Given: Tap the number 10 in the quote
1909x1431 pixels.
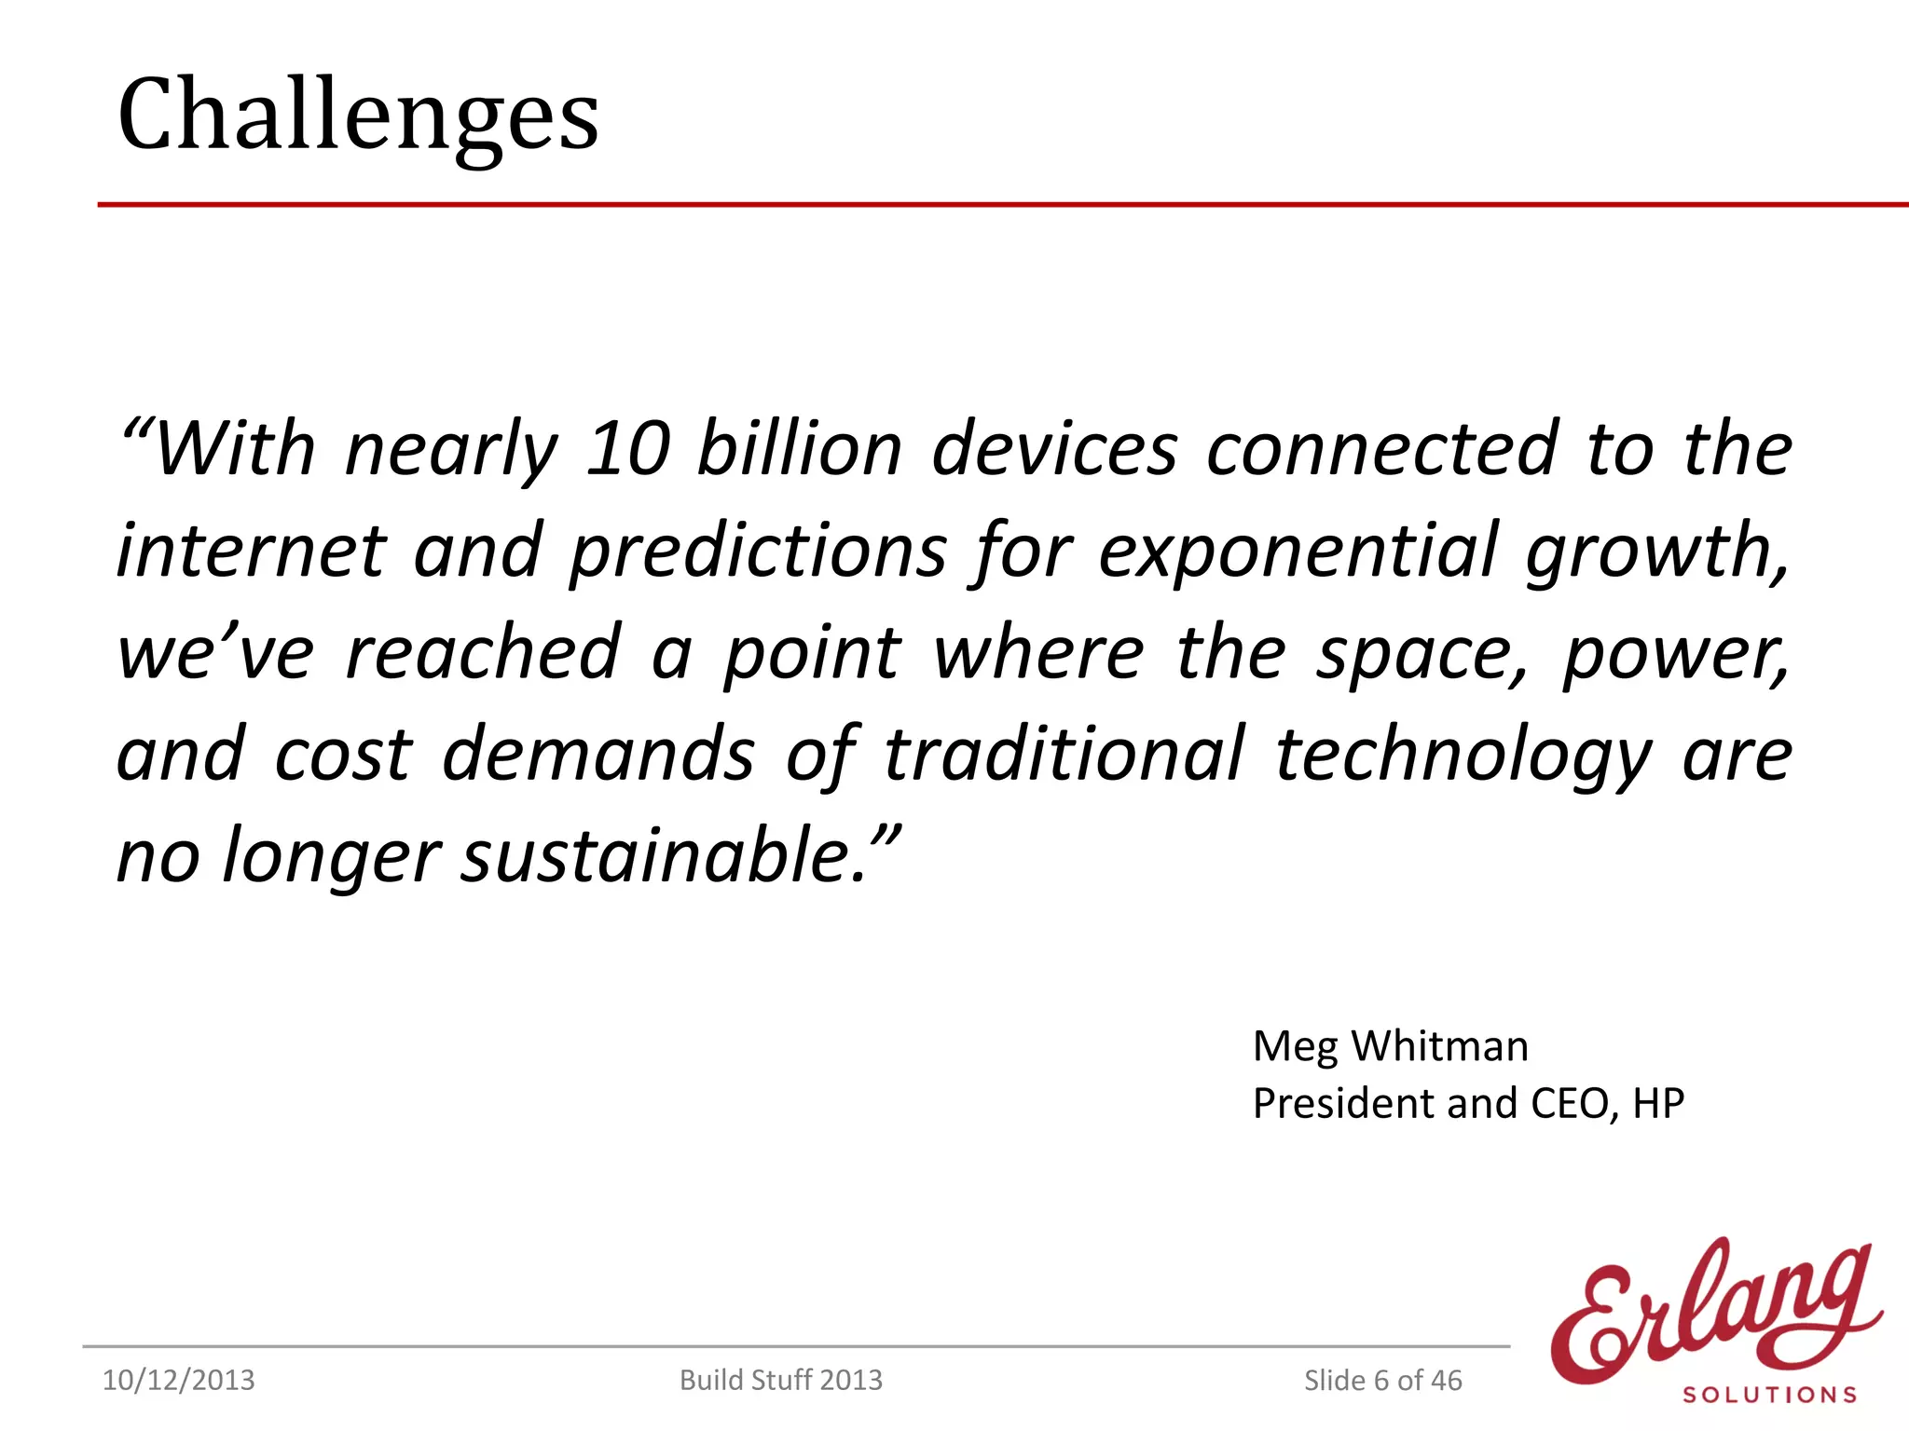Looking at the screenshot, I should tap(627, 449).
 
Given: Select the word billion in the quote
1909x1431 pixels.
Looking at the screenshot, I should tap(800, 449).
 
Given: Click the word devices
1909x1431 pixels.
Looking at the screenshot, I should tap(1054, 449).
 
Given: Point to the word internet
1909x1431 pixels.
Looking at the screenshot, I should tap(251, 551).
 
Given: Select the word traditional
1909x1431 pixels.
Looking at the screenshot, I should tap(1064, 754).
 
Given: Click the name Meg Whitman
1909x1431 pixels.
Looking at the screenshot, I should tap(1390, 1046).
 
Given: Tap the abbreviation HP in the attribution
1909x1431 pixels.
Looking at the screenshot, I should tap(1658, 1104).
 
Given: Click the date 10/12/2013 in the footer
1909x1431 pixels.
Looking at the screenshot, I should tap(178, 1380).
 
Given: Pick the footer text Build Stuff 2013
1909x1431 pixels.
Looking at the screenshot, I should tap(780, 1380).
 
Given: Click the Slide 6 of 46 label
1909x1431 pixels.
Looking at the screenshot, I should tap(1382, 1380).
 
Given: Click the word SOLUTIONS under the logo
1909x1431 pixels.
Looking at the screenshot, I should tap(1769, 1395).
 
